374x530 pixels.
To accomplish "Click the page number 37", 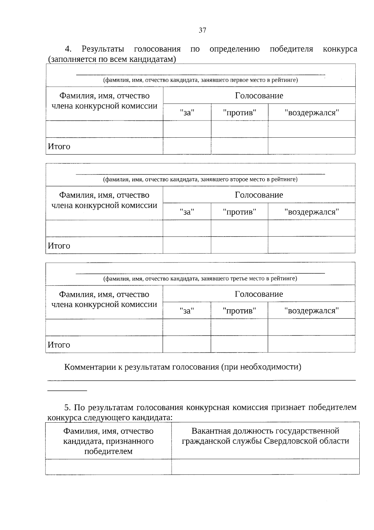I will point(202,30).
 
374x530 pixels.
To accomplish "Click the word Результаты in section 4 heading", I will point(103,49).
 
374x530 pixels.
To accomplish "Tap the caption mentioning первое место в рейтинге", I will point(200,80).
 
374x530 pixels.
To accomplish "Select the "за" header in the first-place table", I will point(187,112).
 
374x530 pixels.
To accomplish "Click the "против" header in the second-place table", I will point(239,212).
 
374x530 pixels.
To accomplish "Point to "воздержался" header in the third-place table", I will point(311,311).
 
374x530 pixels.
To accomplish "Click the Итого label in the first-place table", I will point(59,146).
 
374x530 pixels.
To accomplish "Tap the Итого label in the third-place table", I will point(59,345).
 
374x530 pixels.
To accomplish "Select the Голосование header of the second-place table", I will point(259,195).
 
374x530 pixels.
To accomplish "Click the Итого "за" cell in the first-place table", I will point(187,146).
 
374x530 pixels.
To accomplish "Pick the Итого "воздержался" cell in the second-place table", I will point(311,245).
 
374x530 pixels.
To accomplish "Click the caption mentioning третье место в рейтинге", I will point(200,278).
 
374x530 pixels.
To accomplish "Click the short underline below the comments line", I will point(67,390).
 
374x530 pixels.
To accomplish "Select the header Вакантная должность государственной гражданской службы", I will point(265,436).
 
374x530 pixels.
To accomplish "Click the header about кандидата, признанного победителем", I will point(108,441).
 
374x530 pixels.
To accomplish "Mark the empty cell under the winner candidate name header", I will point(108,467).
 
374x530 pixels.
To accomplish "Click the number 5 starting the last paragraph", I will point(67,408).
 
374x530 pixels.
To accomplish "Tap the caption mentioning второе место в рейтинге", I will point(200,179).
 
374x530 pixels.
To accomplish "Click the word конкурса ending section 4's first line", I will point(340,49).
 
